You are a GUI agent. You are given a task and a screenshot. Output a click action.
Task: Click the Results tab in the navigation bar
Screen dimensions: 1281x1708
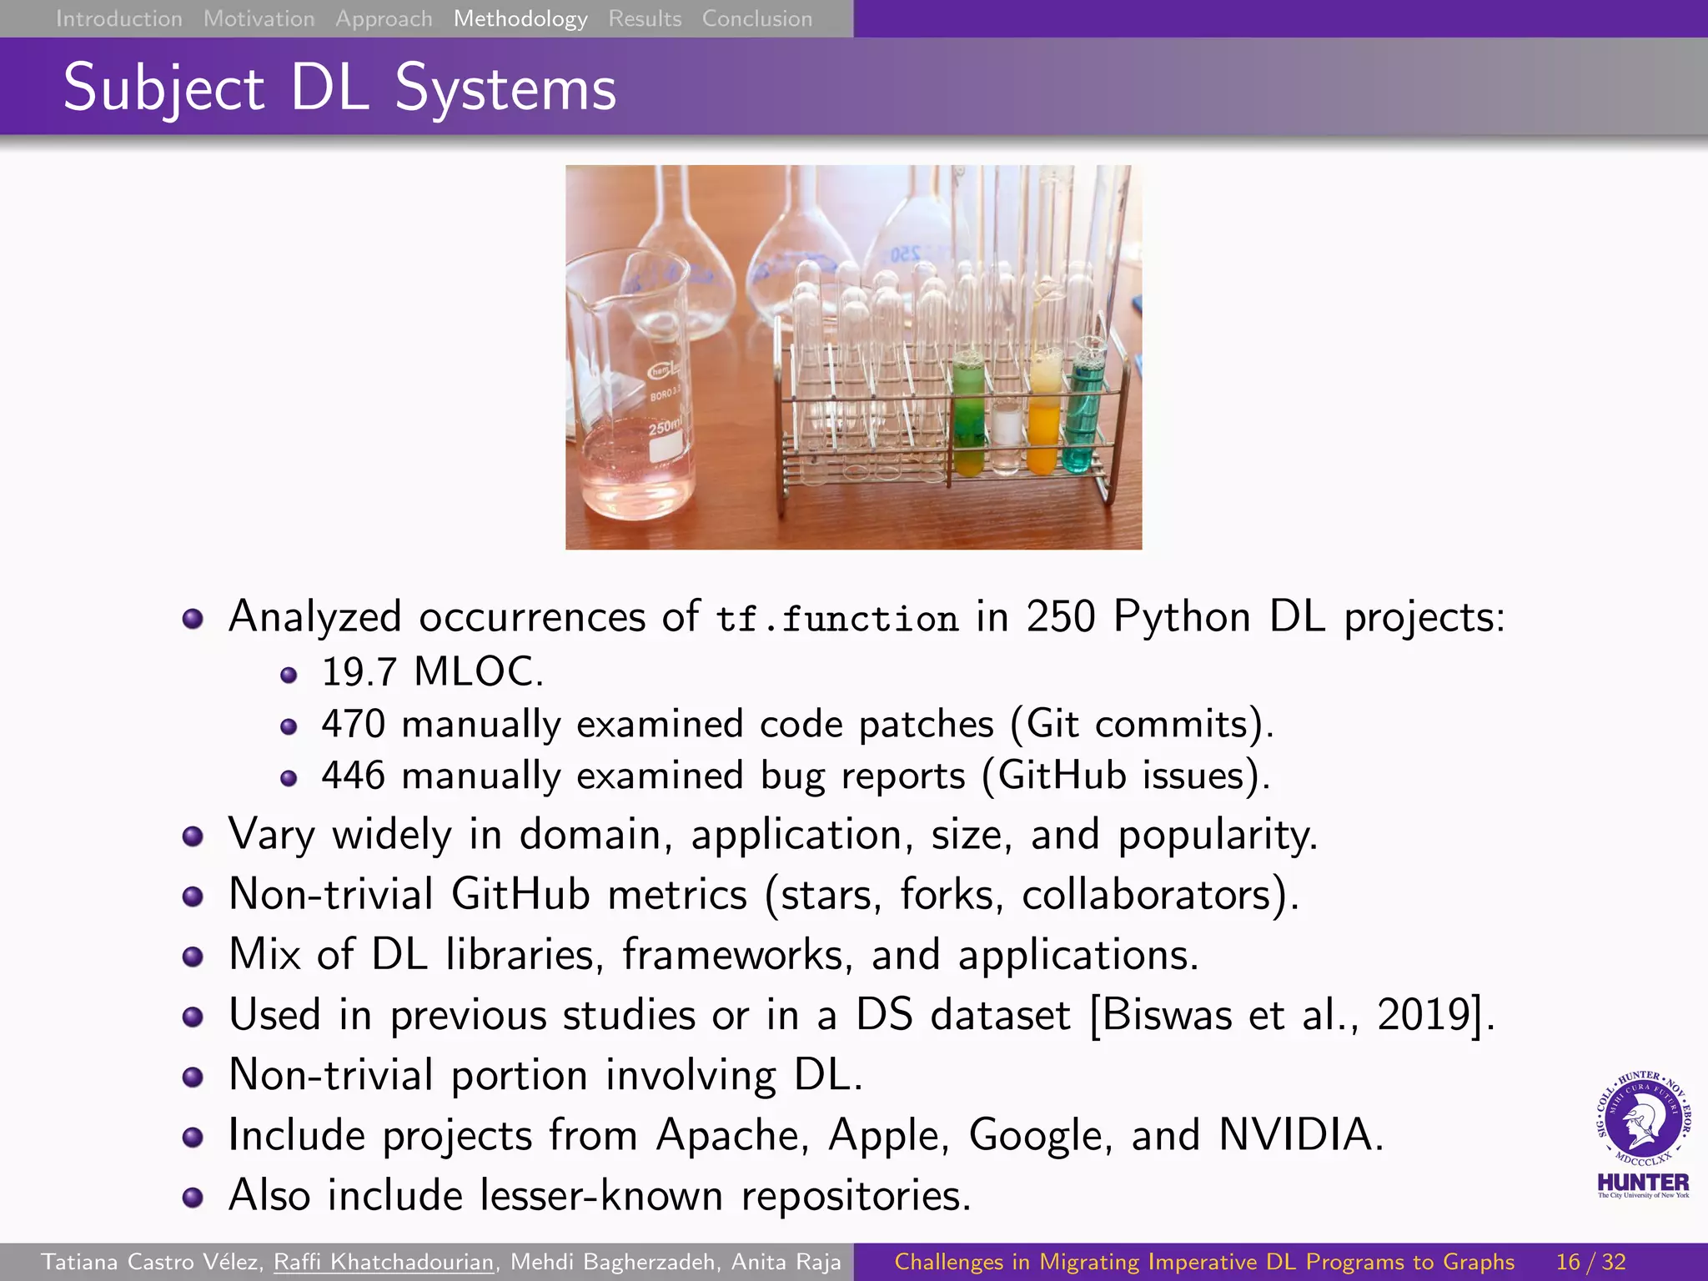click(x=645, y=18)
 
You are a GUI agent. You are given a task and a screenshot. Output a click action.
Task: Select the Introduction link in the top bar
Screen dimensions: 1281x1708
click(x=118, y=18)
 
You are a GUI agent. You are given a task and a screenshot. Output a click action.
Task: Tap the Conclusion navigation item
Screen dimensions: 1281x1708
click(x=756, y=18)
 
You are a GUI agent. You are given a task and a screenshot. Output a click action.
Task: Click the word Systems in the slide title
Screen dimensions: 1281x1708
click(x=505, y=88)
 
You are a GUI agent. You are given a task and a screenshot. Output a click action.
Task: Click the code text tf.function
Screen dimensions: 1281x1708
click(x=837, y=619)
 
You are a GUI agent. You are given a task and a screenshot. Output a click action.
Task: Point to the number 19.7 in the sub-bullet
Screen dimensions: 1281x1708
click(x=359, y=672)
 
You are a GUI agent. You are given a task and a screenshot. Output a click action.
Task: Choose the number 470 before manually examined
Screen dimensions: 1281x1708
click(x=354, y=724)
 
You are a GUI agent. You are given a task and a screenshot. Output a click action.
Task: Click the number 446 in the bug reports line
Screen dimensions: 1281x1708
click(x=354, y=776)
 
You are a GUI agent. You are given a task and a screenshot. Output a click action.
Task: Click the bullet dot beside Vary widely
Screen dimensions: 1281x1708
click(x=193, y=836)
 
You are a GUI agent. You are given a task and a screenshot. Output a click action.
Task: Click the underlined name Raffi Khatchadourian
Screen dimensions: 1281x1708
click(x=384, y=1262)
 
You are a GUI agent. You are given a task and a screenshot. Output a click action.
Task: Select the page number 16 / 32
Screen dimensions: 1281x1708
click(x=1590, y=1262)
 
